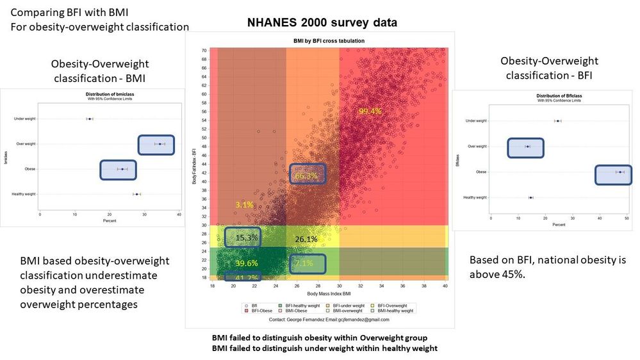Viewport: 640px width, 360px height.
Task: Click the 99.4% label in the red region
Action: tap(370, 111)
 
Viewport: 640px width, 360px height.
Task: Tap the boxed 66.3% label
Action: tap(306, 176)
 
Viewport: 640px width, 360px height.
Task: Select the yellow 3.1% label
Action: tap(245, 204)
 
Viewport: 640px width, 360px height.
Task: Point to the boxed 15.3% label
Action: tap(247, 238)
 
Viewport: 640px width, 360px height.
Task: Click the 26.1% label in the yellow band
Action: tap(306, 240)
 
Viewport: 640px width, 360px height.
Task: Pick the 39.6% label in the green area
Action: tap(247, 263)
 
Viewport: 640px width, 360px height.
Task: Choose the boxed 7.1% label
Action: tap(304, 263)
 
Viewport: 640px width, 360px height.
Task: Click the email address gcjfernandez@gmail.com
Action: tap(365, 318)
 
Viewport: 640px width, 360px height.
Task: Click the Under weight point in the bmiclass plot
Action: tap(90, 119)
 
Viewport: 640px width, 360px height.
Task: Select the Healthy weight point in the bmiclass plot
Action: tap(136, 194)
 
